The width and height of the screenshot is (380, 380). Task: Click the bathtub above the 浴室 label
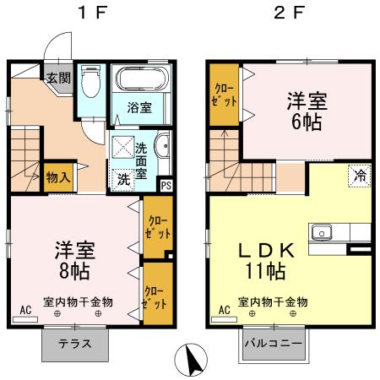[142, 81]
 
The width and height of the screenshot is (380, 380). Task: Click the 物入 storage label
[57, 178]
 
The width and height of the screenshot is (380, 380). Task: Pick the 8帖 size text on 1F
[75, 272]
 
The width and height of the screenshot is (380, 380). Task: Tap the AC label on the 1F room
[25, 311]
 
